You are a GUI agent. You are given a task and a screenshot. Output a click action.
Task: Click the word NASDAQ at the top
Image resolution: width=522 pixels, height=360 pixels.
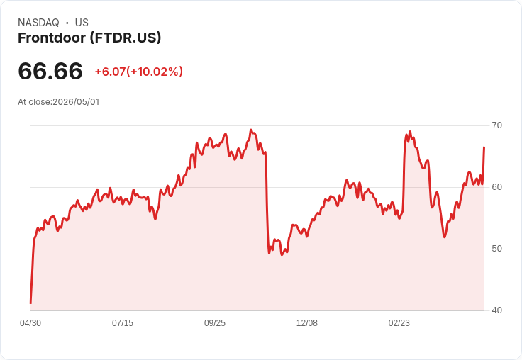(x=38, y=23)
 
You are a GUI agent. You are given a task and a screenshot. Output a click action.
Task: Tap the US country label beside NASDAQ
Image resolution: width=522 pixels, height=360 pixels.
(x=82, y=23)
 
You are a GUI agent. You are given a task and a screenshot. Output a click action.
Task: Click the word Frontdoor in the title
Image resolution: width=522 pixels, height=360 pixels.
(x=52, y=38)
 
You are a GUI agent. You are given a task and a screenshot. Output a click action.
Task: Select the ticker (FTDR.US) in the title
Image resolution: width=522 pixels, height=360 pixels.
(x=126, y=38)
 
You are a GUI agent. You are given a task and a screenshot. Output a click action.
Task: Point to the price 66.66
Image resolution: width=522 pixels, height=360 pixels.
(x=50, y=71)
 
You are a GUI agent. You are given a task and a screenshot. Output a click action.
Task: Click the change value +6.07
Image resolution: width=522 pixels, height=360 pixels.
(x=110, y=72)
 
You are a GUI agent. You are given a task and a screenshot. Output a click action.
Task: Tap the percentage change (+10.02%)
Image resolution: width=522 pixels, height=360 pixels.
(x=155, y=72)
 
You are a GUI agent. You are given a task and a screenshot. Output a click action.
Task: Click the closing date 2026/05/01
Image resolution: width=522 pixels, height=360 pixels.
(x=76, y=102)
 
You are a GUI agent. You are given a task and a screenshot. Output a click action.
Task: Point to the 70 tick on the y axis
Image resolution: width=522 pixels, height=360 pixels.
(x=496, y=125)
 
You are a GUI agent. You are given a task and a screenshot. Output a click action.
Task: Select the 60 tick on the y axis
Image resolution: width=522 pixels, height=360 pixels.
(x=496, y=187)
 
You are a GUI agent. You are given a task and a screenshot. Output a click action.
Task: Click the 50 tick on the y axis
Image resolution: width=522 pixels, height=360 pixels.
(x=496, y=249)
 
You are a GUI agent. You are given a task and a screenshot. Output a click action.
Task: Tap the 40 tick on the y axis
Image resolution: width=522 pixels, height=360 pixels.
(x=496, y=310)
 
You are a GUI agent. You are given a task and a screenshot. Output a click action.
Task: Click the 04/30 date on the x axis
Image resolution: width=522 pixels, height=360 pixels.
(x=30, y=323)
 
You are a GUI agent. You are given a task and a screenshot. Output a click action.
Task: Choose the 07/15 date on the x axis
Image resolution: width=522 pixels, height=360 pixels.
(x=123, y=323)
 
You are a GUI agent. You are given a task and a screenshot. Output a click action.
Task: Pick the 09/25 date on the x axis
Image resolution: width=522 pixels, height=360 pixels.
(x=215, y=323)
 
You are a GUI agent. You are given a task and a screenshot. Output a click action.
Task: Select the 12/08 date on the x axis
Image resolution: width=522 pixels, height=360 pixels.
(x=307, y=323)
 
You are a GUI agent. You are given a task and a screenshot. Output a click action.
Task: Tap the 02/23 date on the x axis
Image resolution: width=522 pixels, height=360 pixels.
(x=399, y=323)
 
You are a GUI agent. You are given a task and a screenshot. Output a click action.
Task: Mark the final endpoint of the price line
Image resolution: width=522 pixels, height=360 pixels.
(x=484, y=147)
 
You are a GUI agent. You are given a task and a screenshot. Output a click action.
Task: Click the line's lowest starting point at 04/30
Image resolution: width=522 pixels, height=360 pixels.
(x=30, y=303)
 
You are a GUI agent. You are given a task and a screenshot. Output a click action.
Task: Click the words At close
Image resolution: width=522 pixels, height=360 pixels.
(x=34, y=102)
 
